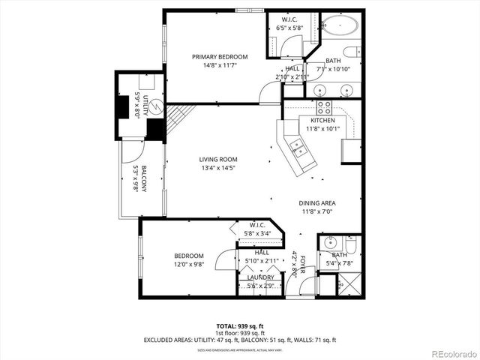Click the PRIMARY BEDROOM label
point(219,57)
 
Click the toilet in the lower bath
point(352,244)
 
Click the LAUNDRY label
point(260,277)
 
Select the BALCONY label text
point(143,179)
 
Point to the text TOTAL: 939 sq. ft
point(240,326)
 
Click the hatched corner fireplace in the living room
point(179,117)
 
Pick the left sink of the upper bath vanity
point(322,89)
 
